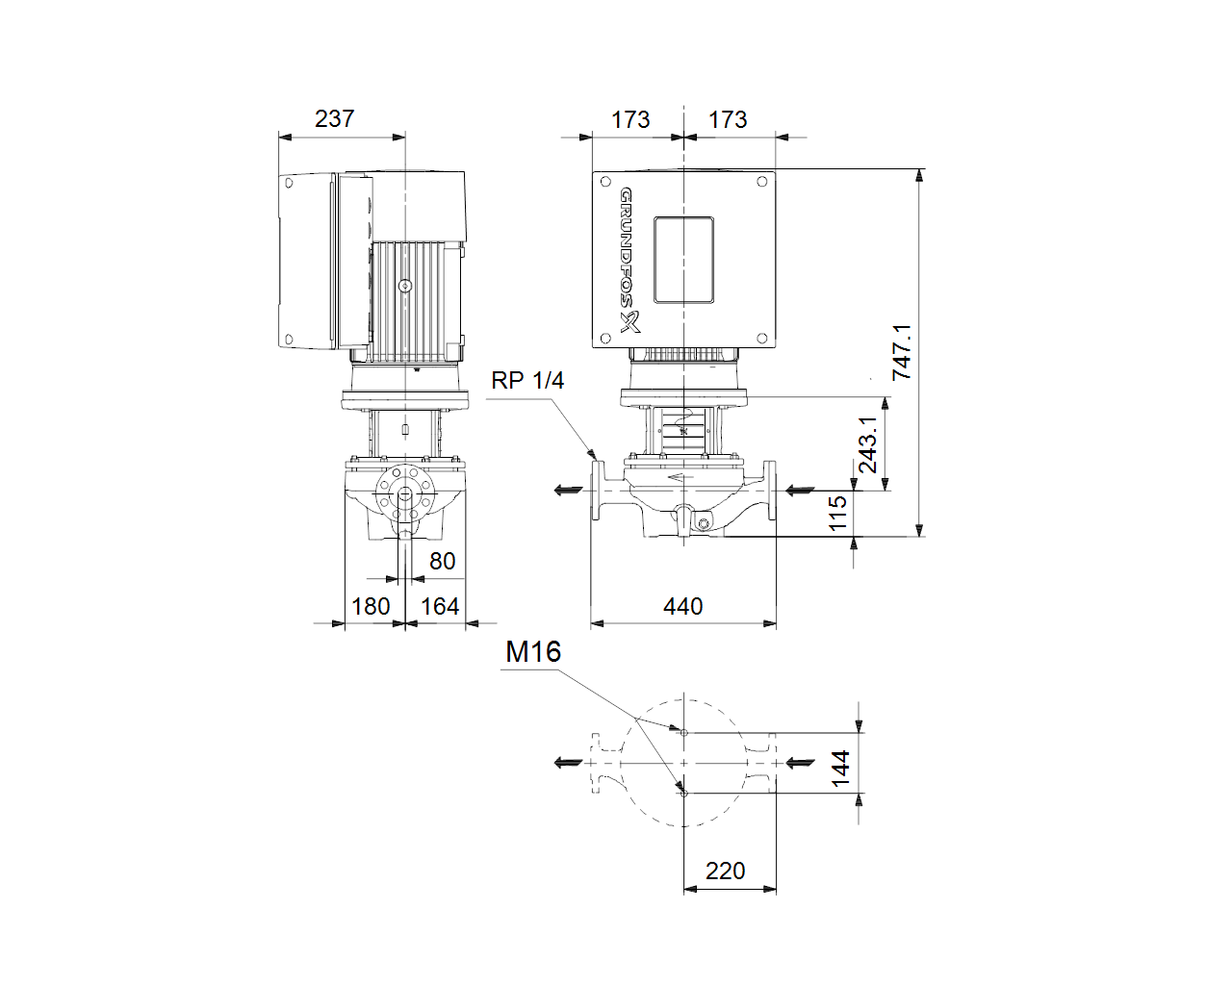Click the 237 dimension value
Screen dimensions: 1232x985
(x=334, y=118)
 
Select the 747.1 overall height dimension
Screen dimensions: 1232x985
(x=902, y=351)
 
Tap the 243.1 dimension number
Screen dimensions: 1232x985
(x=868, y=444)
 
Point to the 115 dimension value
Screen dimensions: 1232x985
(x=837, y=514)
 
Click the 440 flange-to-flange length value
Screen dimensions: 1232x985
(x=683, y=606)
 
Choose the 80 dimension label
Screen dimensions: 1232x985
(x=442, y=561)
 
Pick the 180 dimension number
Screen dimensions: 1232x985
(x=371, y=606)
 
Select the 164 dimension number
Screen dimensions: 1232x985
(x=440, y=606)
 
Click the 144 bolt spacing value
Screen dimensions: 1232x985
(x=840, y=769)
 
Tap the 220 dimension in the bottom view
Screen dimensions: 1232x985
(x=725, y=871)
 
